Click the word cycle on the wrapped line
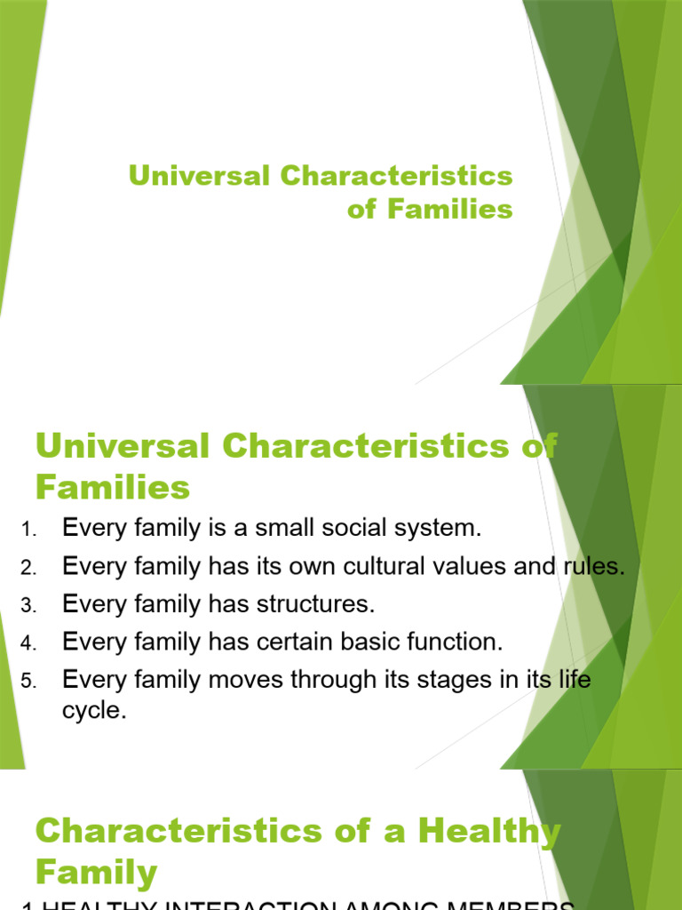click(x=94, y=712)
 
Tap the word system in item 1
click(x=440, y=528)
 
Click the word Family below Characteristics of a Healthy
click(x=96, y=872)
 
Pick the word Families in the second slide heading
click(x=113, y=487)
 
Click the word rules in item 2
click(x=598, y=566)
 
